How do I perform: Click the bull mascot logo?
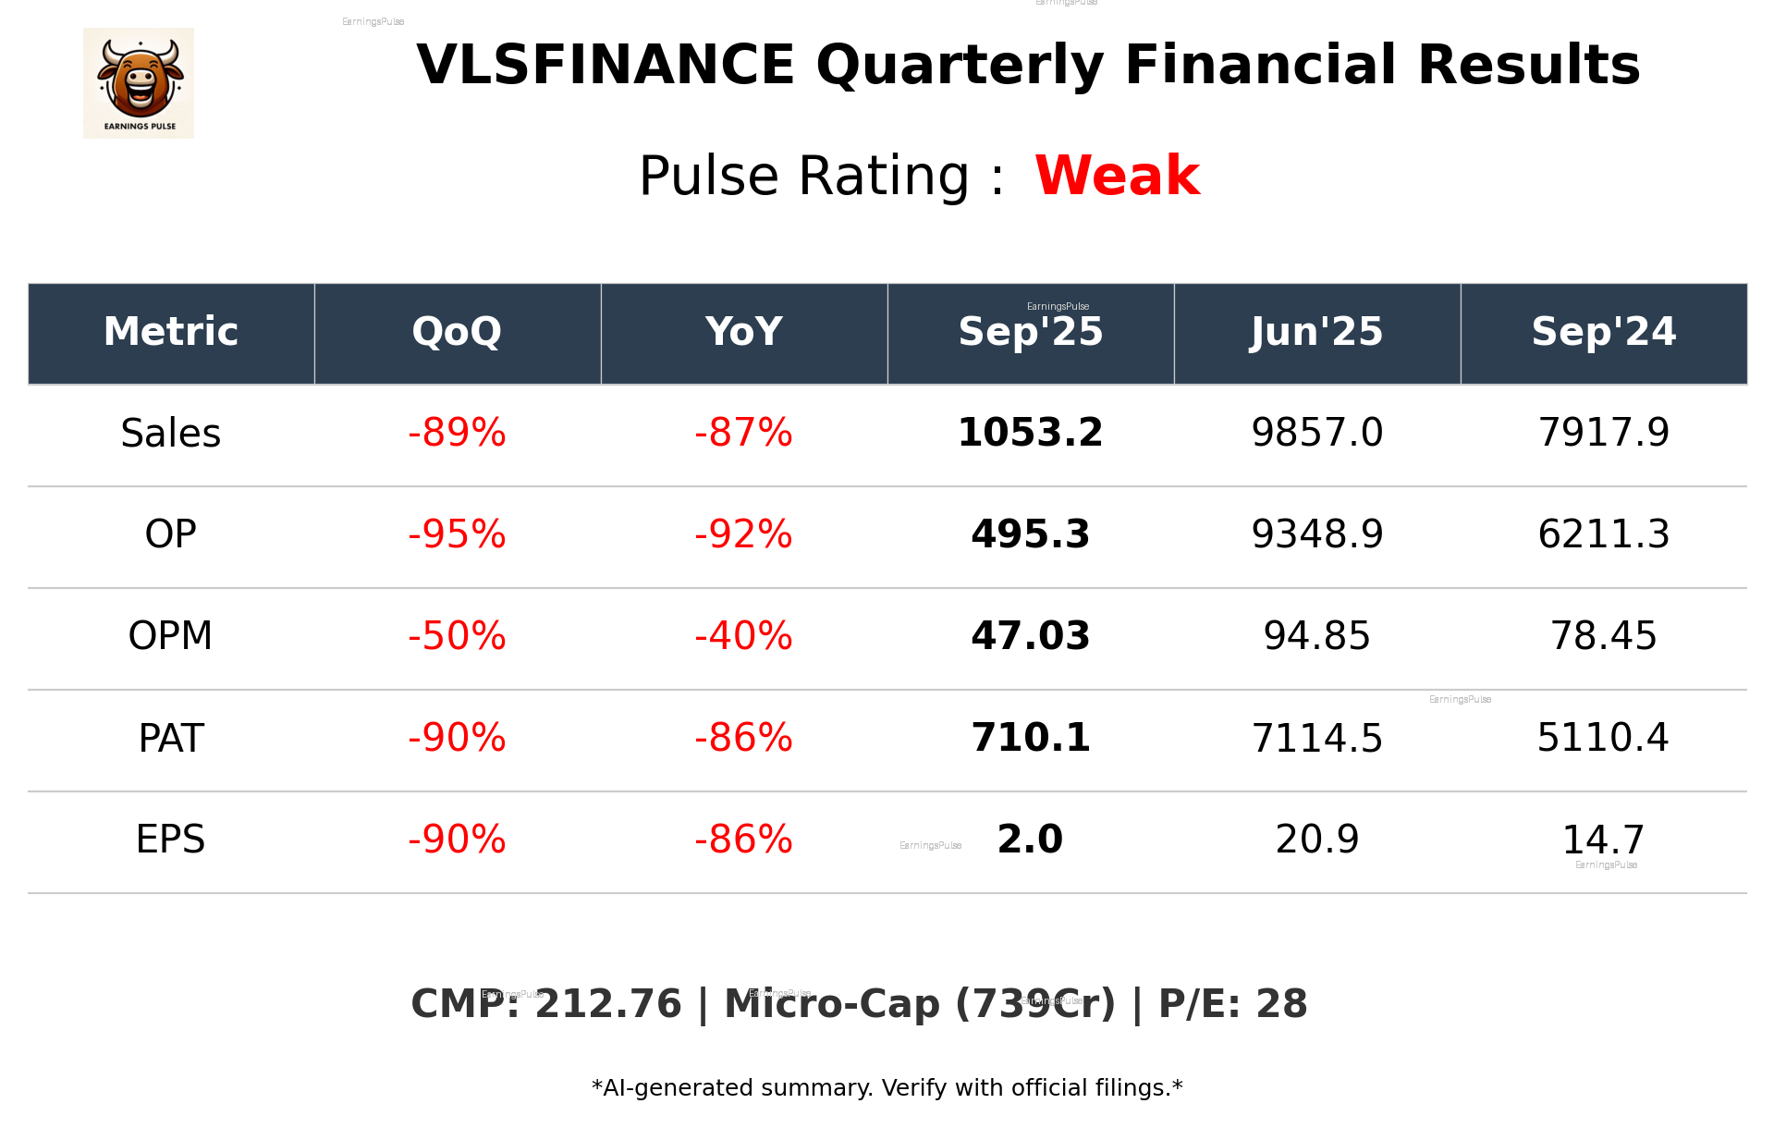pos(139,83)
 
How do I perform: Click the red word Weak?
pos(1117,176)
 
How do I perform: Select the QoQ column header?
pos(457,332)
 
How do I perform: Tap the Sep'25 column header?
pos(1030,332)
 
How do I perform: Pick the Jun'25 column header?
pos(1316,332)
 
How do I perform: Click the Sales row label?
pos(171,433)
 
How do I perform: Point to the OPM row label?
pos(171,636)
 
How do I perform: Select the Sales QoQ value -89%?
pos(457,433)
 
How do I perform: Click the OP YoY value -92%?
pos(743,534)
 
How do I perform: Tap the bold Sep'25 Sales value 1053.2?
pos(1030,433)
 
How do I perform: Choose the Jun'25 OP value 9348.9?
pos(1316,534)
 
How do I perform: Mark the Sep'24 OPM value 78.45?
pos(1603,636)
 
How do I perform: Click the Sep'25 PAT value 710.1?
pos(1030,738)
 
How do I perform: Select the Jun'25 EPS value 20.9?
pos(1316,840)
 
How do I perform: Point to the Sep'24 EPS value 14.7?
pos(1603,840)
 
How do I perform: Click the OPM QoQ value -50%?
pos(457,636)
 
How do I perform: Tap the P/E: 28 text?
pos(1232,1004)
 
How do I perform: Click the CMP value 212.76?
pos(608,1004)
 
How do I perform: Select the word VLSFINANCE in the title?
pos(606,66)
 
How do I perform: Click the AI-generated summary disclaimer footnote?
pos(887,1088)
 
